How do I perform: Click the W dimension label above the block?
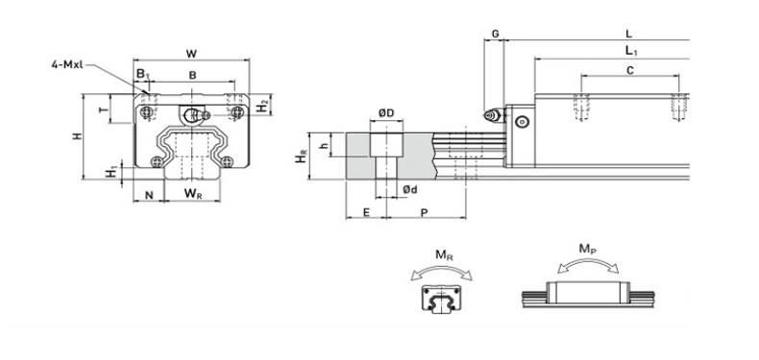click(192, 53)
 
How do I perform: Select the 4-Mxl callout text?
click(67, 64)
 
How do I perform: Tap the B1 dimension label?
click(143, 75)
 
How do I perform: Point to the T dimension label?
click(103, 109)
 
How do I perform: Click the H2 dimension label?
click(262, 106)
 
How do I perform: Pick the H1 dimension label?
click(112, 171)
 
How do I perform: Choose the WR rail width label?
click(193, 194)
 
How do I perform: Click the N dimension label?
click(149, 195)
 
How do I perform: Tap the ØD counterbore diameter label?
click(386, 113)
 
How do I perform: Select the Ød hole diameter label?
click(410, 190)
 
